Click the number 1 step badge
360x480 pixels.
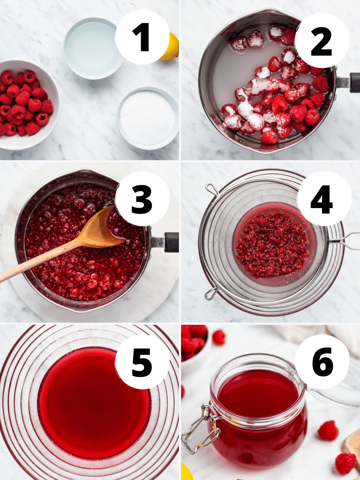pos(142,37)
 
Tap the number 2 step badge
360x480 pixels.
pos(322,41)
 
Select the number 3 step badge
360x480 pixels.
pos(142,198)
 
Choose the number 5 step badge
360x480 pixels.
pos(142,361)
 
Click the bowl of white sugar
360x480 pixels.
pos(147,118)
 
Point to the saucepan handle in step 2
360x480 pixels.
pos(349,82)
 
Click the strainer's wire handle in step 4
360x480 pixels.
pos(345,241)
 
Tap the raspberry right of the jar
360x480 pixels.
pos(328,430)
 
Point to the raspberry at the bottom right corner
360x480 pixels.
pos(345,463)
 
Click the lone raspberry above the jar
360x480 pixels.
pos(218,337)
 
